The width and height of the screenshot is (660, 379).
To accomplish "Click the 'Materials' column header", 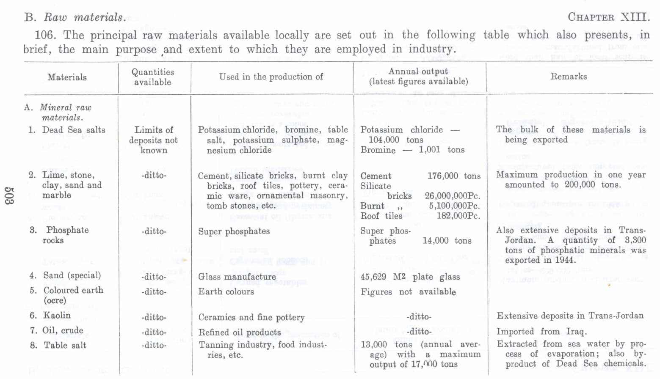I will pyautogui.click(x=67, y=77).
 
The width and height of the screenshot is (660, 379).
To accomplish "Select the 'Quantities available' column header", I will pyautogui.click(x=153, y=77).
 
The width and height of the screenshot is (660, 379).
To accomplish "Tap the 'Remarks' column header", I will pyautogui.click(x=569, y=77).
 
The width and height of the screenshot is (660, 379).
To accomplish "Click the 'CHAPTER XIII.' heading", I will pyautogui.click(x=608, y=17).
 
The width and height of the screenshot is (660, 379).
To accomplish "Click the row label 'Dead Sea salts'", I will pyautogui.click(x=73, y=130).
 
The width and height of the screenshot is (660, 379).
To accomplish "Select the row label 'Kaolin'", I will pyautogui.click(x=57, y=316).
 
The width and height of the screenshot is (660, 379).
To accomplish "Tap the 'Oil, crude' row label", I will pyautogui.click(x=63, y=330).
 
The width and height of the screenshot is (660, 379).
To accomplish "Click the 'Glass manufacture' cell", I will pyautogui.click(x=237, y=277).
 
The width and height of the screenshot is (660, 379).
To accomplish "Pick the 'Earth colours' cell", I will pyautogui.click(x=226, y=292).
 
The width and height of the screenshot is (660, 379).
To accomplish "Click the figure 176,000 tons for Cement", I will pyautogui.click(x=454, y=176).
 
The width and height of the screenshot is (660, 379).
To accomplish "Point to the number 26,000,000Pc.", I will pyautogui.click(x=452, y=196).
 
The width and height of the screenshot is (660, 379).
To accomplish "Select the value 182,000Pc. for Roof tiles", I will pyautogui.click(x=458, y=216).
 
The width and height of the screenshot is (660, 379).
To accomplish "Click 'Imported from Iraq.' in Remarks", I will pyautogui.click(x=541, y=332).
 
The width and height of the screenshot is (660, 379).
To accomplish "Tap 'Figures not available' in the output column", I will pyautogui.click(x=408, y=292).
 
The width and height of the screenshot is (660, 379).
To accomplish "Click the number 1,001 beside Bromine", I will pyautogui.click(x=430, y=150).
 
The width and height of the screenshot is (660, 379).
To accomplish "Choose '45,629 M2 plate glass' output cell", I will pyautogui.click(x=410, y=277).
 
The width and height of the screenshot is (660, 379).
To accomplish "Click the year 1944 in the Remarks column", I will pyautogui.click(x=564, y=260).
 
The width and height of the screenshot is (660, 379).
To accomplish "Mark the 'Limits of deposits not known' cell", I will pyautogui.click(x=154, y=140).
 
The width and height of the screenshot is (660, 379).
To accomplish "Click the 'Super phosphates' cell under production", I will pyautogui.click(x=234, y=231).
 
